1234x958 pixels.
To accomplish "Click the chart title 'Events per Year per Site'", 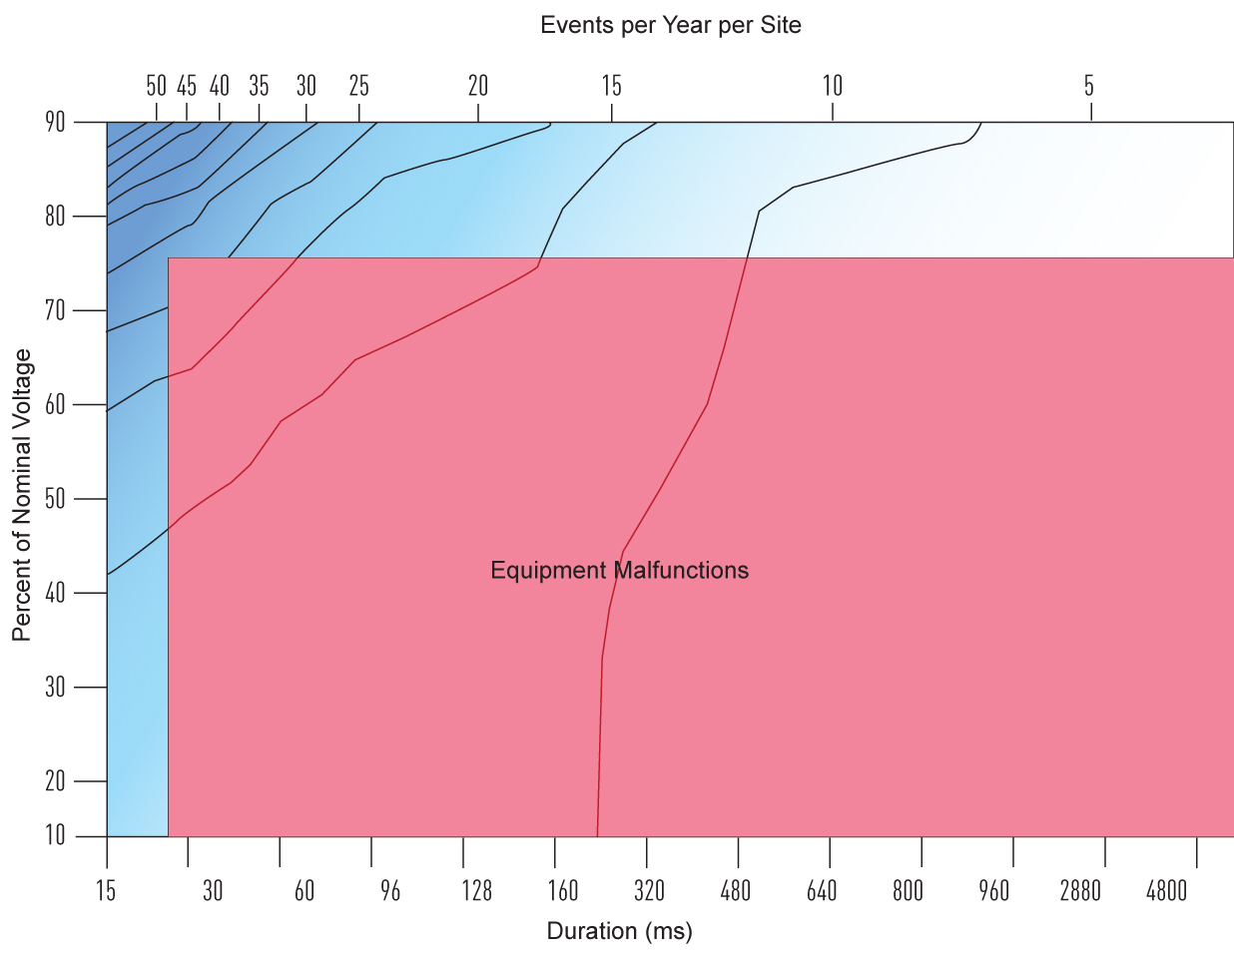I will coord(670,26).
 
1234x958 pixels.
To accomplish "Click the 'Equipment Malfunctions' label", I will coord(619,571).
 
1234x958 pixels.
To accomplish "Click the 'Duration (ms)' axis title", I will coord(619,932).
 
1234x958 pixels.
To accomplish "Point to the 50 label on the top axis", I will coord(156,86).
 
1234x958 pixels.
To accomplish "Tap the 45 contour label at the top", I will coord(187,86).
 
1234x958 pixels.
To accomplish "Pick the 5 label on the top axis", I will coord(1089,86).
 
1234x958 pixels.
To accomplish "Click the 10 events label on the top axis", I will coord(833,86).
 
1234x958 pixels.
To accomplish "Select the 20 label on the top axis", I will coord(478,86).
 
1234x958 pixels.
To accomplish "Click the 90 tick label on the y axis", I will coord(55,123).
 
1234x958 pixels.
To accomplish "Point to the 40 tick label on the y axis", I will coord(55,593).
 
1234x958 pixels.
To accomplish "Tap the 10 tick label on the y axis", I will coord(55,835).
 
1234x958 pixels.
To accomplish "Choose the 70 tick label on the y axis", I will coord(55,310).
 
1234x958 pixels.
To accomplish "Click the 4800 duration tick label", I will coord(1167,891).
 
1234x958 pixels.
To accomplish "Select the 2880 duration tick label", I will coord(1080,891).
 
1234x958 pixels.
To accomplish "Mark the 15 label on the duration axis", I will coord(106,891).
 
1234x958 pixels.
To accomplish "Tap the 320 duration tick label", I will coord(649,891).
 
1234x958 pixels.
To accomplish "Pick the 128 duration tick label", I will coord(476,891).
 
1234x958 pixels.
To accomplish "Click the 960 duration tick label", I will coord(994,891).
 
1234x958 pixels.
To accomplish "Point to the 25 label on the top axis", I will coord(358,86).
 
